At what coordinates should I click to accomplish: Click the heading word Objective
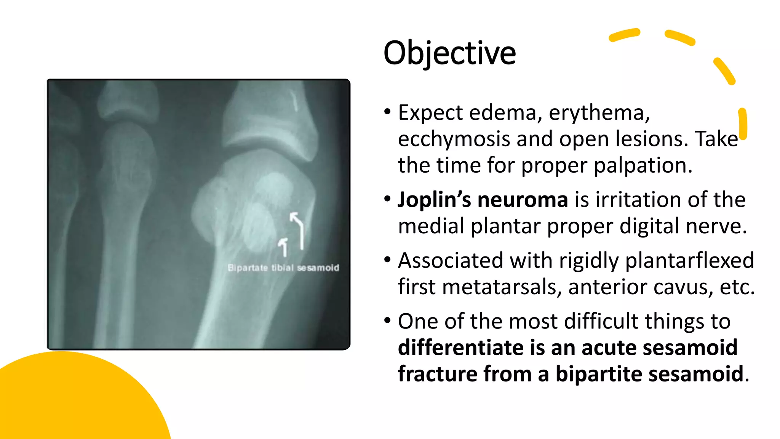[449, 53]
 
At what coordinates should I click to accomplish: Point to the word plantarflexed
[689, 261]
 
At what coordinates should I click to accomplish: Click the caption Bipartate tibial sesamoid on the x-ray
[283, 268]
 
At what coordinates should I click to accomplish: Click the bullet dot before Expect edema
[387, 112]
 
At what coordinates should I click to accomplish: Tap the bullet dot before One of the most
[387, 320]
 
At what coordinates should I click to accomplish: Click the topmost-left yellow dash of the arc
[624, 35]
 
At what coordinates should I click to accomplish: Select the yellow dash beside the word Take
[743, 124]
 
